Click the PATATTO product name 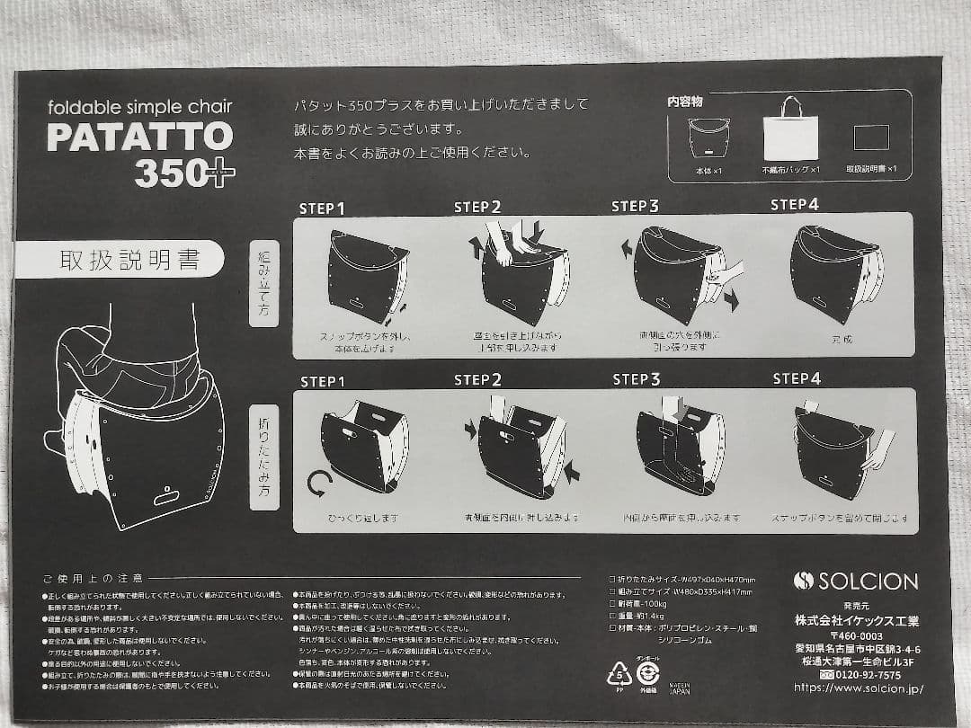tap(139, 137)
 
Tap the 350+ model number tap(184, 173)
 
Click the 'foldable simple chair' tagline tap(139, 107)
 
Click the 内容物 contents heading tap(685, 102)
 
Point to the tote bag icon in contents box tap(790, 130)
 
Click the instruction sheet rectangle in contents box tap(870, 138)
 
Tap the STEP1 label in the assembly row tap(322, 209)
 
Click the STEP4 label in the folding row tap(797, 378)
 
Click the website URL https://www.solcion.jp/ tap(858, 688)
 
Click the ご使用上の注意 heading tap(93, 578)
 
